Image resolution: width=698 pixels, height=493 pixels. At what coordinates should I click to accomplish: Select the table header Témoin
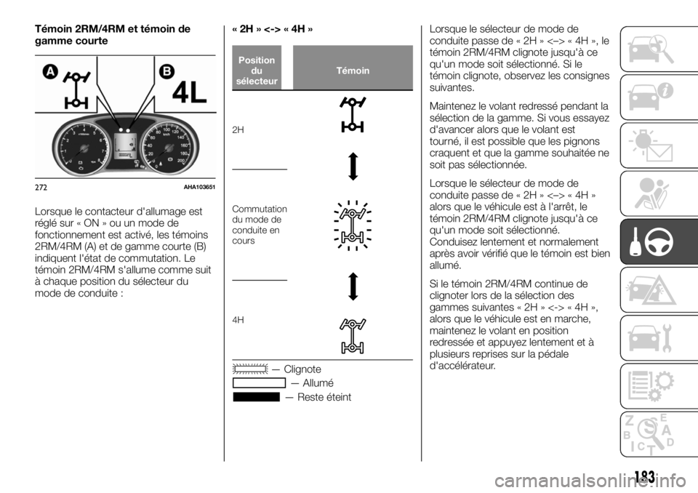click(x=353, y=71)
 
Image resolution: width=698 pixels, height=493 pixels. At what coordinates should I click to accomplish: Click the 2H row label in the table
click(x=238, y=129)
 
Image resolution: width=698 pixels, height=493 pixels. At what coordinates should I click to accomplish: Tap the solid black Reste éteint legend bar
click(x=257, y=397)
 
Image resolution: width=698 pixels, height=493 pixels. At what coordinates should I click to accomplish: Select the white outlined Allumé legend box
click(x=260, y=383)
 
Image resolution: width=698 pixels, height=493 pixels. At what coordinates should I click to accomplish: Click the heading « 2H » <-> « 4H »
click(x=273, y=30)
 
